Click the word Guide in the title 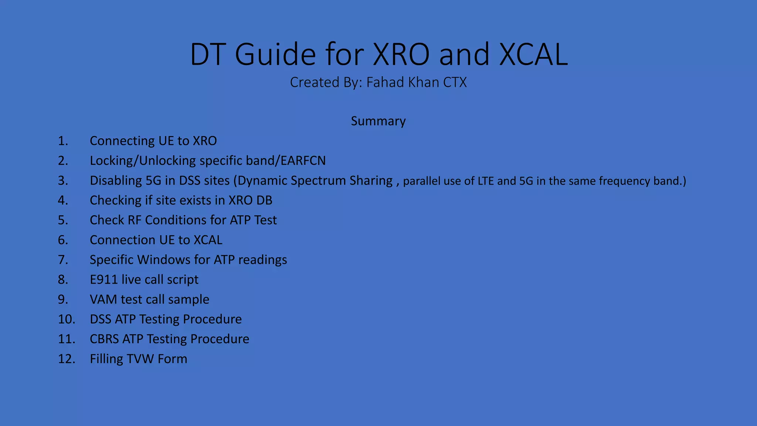tap(275, 54)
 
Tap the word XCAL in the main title tap(533, 54)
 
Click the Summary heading tap(378, 121)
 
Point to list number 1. tap(63, 141)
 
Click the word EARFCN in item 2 tap(303, 160)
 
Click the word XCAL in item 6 tap(208, 240)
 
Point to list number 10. tap(66, 319)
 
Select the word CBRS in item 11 tap(104, 339)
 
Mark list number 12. tap(66, 359)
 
